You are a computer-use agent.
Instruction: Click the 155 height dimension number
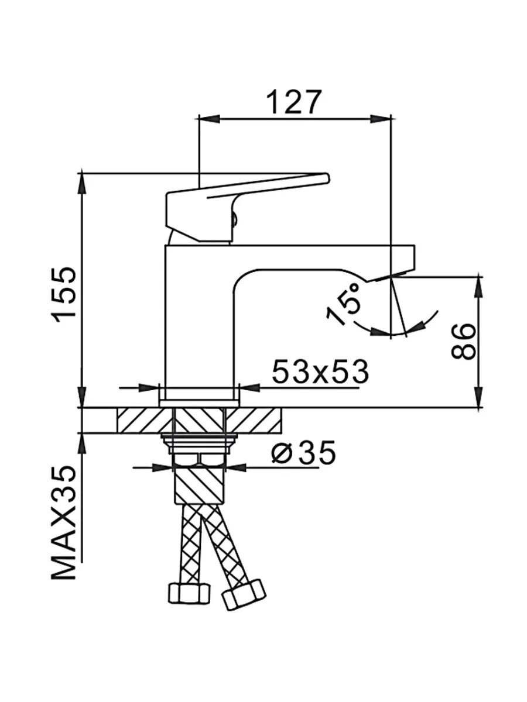(x=63, y=294)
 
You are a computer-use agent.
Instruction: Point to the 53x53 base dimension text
(x=320, y=371)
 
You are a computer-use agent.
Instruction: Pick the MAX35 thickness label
(x=64, y=522)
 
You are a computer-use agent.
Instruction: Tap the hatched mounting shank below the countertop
(x=199, y=483)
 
